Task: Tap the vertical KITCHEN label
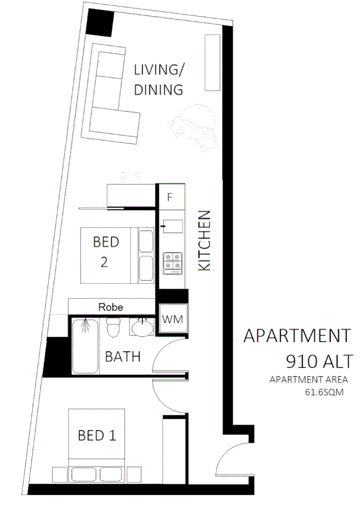point(204,240)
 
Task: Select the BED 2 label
point(106,252)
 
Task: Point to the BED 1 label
point(96,436)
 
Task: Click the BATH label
point(123,357)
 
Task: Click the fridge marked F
point(170,197)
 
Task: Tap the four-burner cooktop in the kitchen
point(173,261)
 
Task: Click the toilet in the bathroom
point(112,327)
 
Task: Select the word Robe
point(111,307)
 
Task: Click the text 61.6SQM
point(324,392)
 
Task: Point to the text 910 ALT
point(319,361)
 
